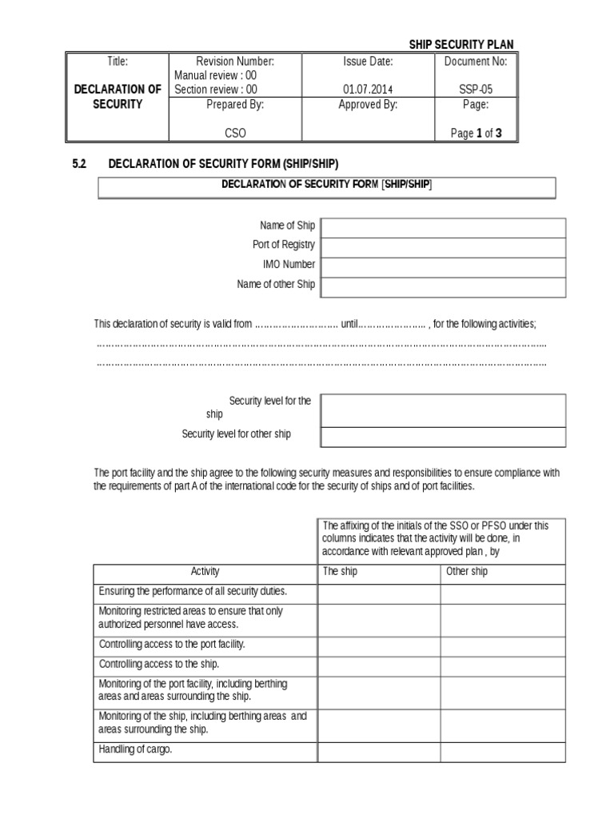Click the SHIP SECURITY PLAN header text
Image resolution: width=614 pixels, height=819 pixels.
461,45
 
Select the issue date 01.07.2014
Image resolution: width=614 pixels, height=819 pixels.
368,90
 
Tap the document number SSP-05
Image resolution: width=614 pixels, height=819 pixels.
476,90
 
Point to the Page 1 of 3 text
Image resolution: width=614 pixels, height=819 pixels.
476,134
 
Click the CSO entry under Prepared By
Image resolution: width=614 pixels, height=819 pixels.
235,134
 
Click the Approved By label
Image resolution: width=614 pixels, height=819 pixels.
368,104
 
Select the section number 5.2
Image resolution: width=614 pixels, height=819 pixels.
79,164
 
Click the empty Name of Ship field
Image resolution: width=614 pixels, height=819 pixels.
443,228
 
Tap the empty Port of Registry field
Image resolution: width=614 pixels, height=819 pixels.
443,247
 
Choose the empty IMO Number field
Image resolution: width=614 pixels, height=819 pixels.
443,266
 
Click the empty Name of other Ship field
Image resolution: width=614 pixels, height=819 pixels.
443,286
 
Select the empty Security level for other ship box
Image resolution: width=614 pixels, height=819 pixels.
443,436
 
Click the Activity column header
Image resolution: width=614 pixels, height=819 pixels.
205,572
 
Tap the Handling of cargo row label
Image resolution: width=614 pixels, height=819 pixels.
135,750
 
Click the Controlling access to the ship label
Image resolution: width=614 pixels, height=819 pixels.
158,664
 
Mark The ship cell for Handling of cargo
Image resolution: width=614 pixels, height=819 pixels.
379,752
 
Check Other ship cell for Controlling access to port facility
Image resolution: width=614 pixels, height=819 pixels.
503,645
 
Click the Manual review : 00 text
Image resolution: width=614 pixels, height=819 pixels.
216,75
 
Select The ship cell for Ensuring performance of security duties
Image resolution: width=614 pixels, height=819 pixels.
379,593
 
